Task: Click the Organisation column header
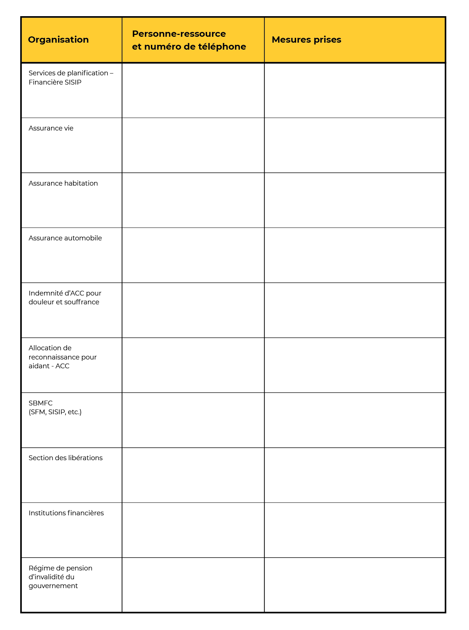tap(58, 40)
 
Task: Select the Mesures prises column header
tap(306, 40)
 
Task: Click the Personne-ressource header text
tap(179, 34)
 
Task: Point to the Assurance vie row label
tap(51, 128)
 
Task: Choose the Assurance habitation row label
tap(63, 183)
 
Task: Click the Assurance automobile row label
tap(65, 238)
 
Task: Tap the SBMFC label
tap(40, 403)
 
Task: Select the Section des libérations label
tap(65, 458)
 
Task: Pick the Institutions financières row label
tap(66, 513)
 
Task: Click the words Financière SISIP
tap(55, 82)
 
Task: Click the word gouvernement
tap(53, 586)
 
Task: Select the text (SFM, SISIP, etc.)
tap(55, 412)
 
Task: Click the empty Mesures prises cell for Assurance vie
tap(355, 145)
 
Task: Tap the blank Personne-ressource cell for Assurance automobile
tap(193, 255)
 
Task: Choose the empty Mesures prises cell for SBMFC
tap(355, 420)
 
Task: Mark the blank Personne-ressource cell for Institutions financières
tap(193, 530)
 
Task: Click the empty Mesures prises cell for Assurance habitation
tap(355, 200)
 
